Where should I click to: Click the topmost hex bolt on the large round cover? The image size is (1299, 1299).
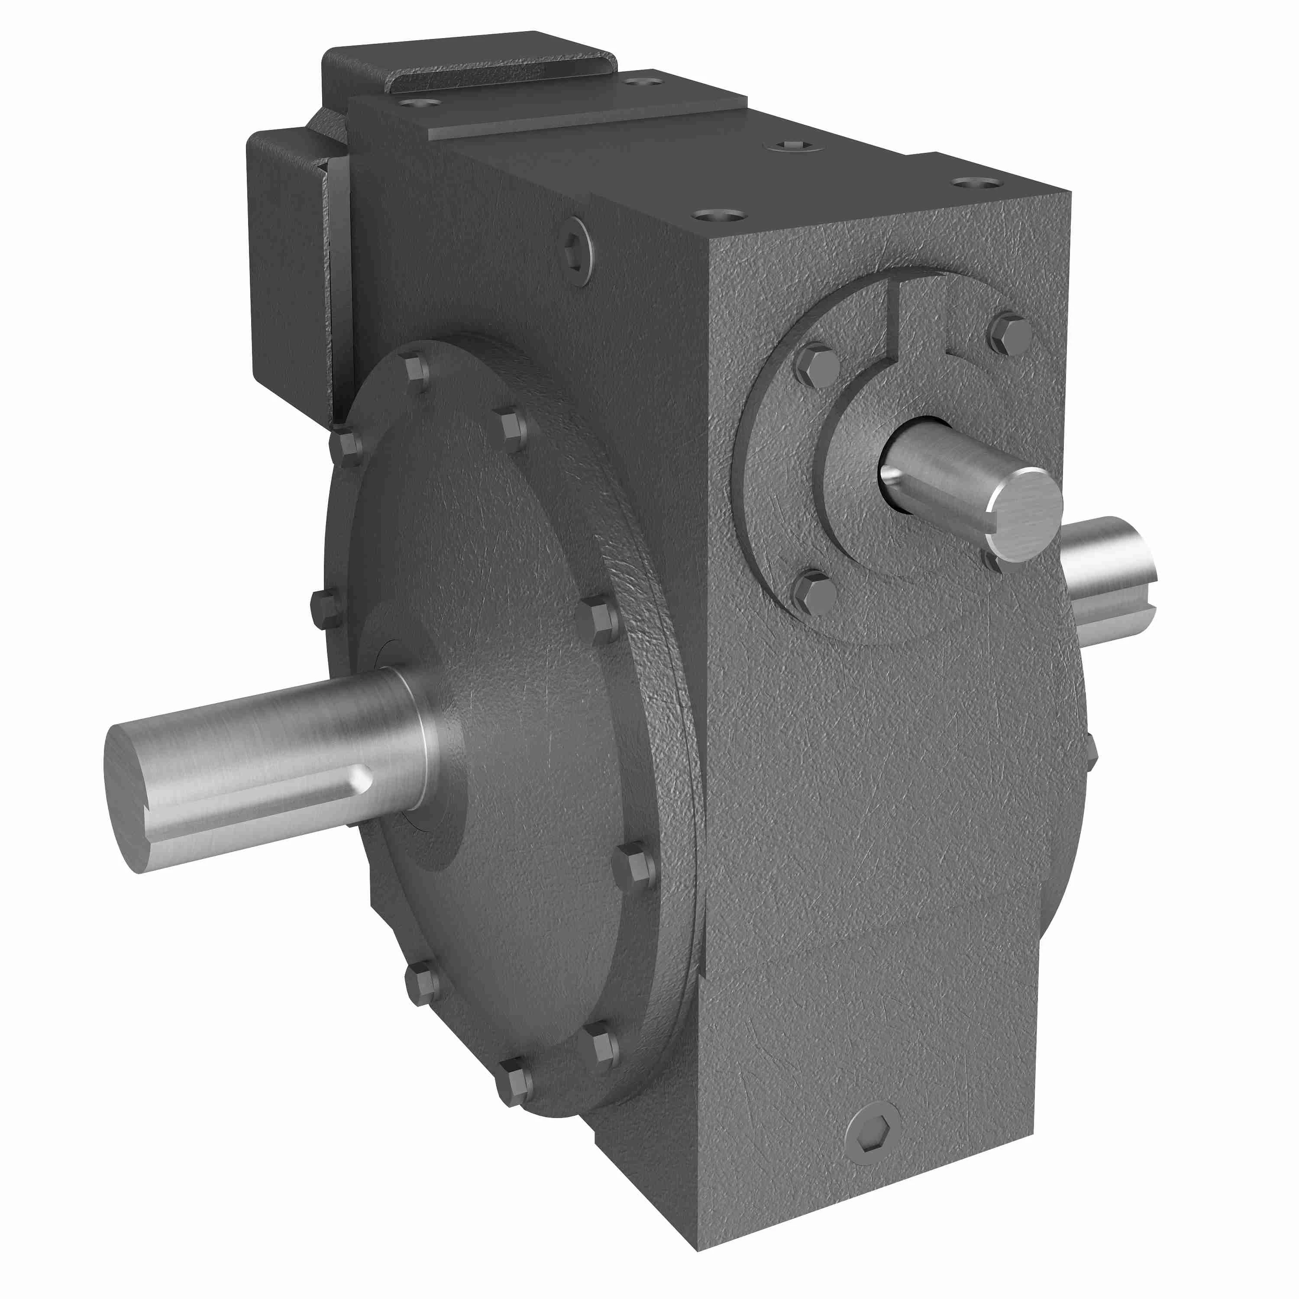(417, 370)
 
